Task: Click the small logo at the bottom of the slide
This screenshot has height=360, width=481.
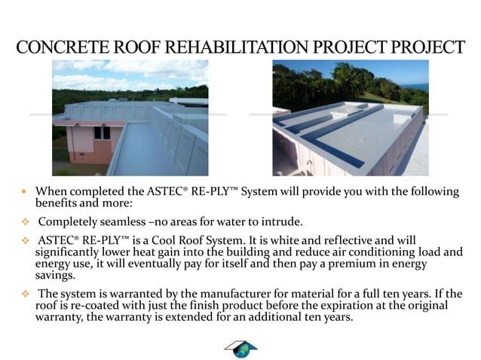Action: [x=240, y=348]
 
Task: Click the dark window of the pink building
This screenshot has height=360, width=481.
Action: [x=102, y=133]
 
